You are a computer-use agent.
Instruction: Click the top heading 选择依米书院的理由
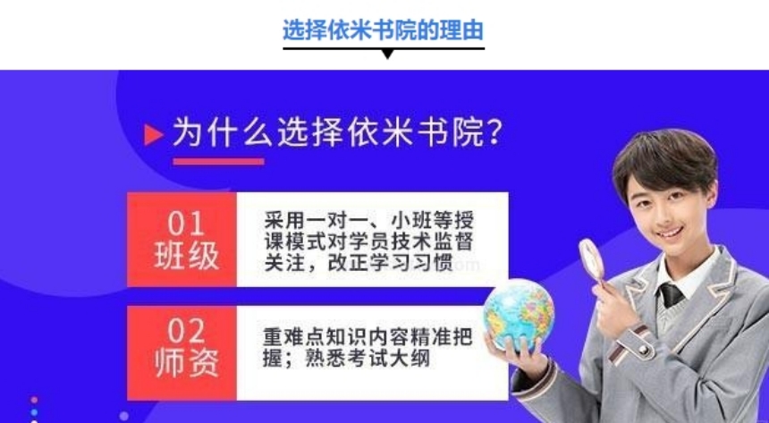tap(384, 30)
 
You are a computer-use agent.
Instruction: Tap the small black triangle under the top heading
tap(387, 54)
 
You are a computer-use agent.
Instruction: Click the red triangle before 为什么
tap(154, 134)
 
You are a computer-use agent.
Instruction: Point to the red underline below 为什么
tap(218, 162)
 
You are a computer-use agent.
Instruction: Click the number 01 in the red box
tap(185, 223)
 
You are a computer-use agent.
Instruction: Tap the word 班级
tap(185, 257)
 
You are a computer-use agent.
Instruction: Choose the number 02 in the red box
tap(185, 332)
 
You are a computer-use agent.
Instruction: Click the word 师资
tap(185, 365)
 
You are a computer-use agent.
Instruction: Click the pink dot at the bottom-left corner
tap(34, 400)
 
